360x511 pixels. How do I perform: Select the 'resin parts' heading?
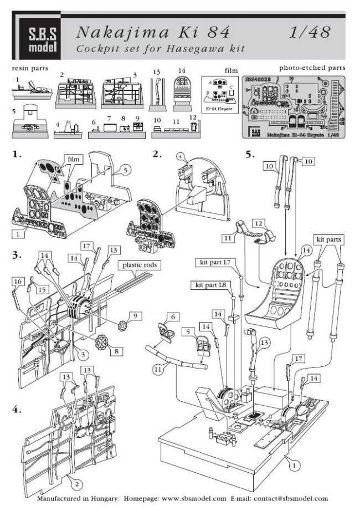point(29,68)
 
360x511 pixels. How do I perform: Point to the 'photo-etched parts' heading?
point(312,68)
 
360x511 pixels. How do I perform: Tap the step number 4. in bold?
point(17,411)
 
